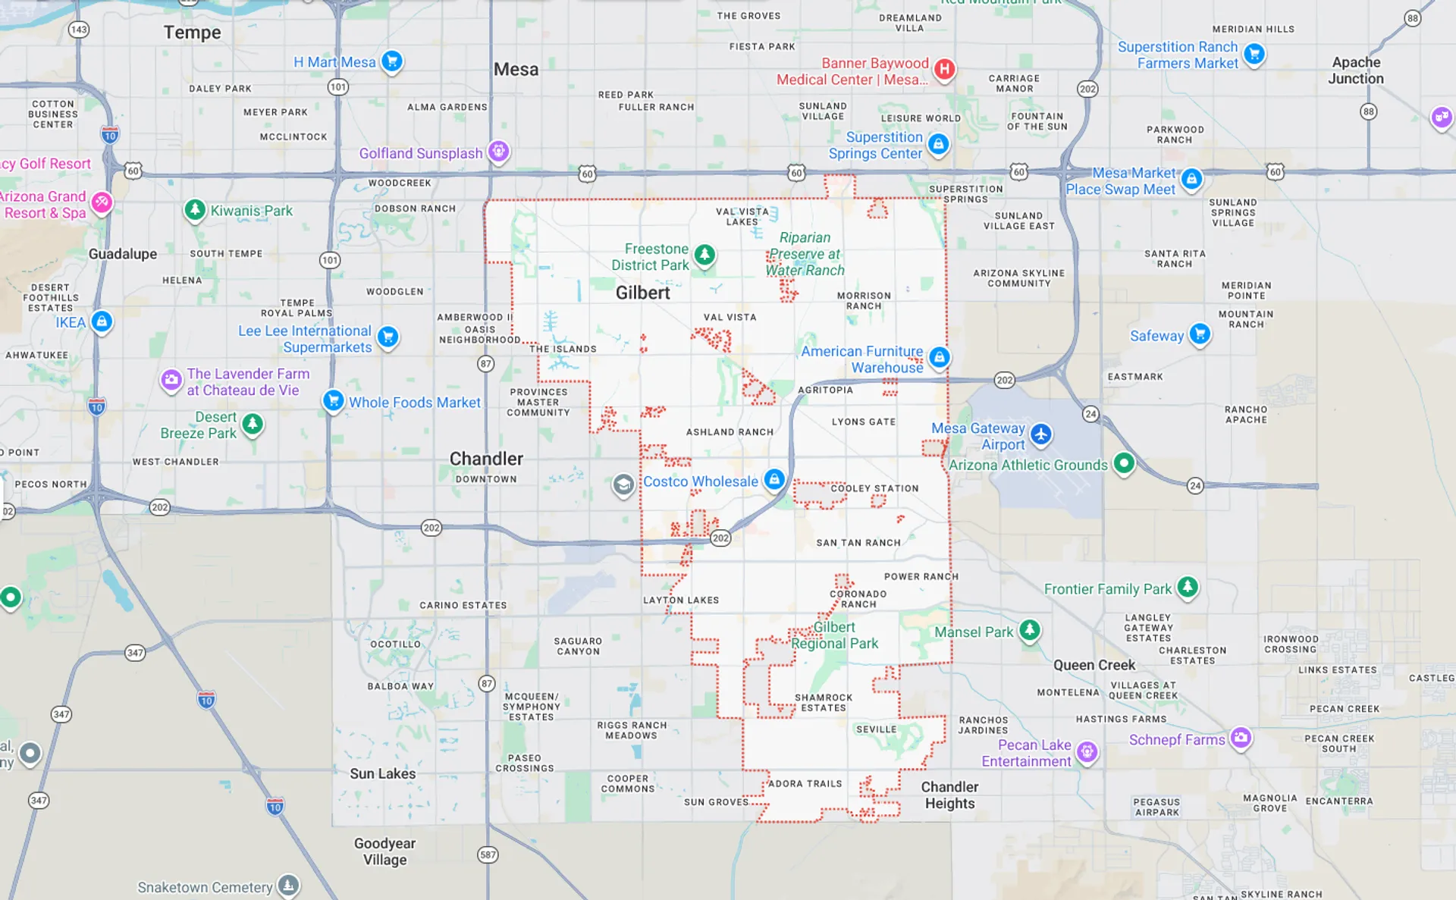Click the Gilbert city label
click(x=642, y=293)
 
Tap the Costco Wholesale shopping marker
click(x=773, y=479)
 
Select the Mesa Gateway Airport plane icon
click(x=1040, y=434)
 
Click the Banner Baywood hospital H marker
click(x=944, y=69)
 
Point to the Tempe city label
click(x=193, y=33)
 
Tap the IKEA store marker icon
click(x=102, y=321)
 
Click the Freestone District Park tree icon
click(x=704, y=254)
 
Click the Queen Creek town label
click(x=1094, y=665)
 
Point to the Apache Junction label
click(x=1356, y=71)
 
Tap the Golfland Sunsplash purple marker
click(x=498, y=151)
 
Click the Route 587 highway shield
click(x=488, y=855)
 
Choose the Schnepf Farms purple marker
click(x=1241, y=737)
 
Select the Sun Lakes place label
click(x=382, y=773)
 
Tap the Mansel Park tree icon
click(x=1029, y=629)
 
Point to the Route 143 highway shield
click(x=79, y=30)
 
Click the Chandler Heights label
click(x=949, y=795)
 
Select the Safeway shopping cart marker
click(x=1200, y=334)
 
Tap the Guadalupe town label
click(x=123, y=254)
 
